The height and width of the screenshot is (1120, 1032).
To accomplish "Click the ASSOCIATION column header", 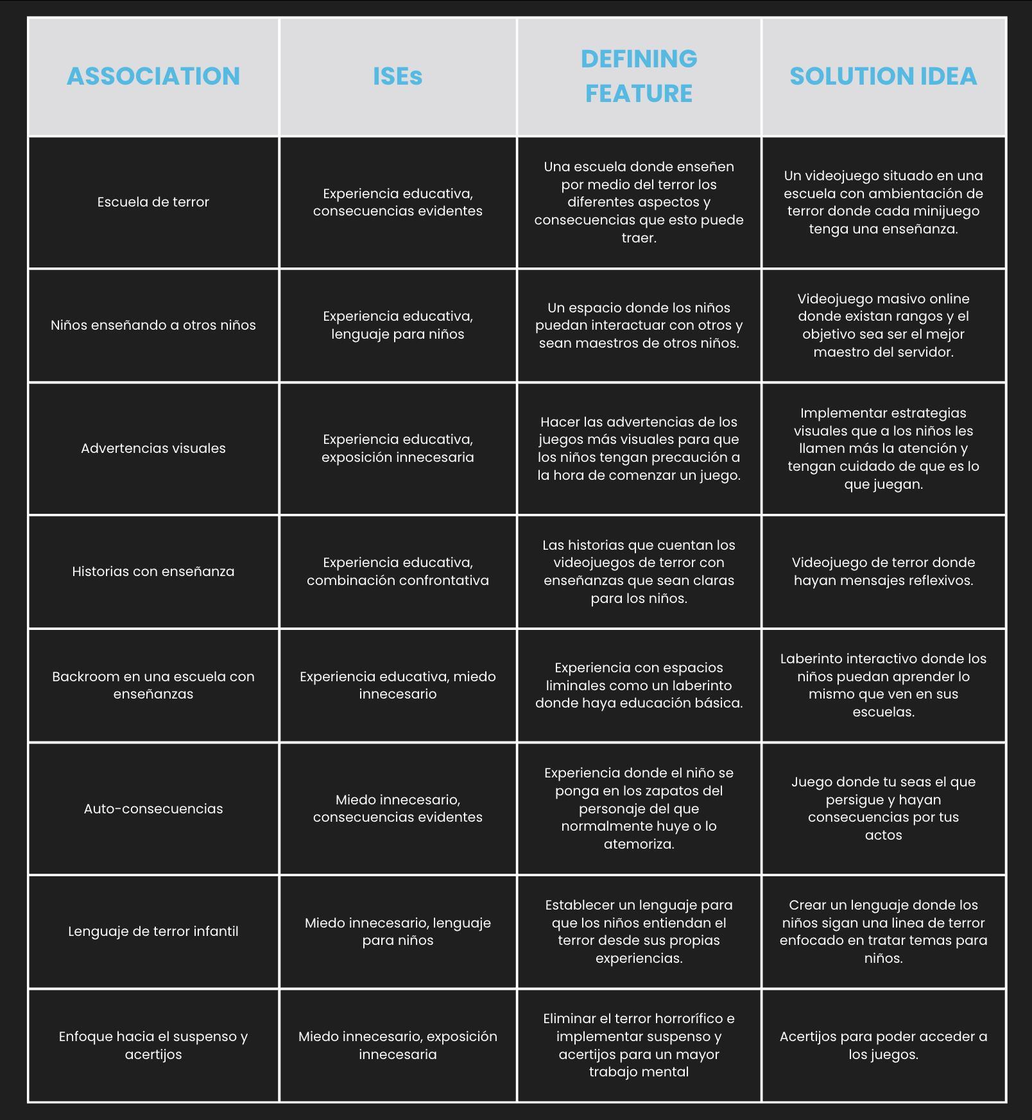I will pos(153,76).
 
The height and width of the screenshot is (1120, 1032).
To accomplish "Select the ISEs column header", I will pos(398,76).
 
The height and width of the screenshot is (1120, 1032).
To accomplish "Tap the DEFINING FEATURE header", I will pos(639,76).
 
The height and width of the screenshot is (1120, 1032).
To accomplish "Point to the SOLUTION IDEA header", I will pos(883,76).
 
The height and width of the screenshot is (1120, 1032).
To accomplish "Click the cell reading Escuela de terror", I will pos(153,202).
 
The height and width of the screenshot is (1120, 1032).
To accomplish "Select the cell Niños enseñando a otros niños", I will pos(153,325).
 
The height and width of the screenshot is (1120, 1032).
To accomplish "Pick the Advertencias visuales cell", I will pos(153,448).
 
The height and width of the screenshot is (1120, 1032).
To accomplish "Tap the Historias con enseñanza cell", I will pos(153,572).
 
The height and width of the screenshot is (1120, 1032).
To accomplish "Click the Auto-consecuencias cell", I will pos(153,809).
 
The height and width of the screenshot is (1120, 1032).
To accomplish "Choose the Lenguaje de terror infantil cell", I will pos(153,931).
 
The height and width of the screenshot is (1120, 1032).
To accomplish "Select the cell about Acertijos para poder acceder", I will pos(883,1046).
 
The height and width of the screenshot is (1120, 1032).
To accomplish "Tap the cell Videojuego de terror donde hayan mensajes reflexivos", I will pos(883,572).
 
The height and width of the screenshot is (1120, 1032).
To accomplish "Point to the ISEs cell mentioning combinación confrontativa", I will pos(398,572).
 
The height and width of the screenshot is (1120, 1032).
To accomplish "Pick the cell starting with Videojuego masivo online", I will pos(883,325).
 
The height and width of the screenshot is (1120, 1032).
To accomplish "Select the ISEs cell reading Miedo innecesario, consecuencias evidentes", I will pos(398,808).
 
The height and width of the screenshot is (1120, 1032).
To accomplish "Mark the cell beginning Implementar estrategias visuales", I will pos(883,448).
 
